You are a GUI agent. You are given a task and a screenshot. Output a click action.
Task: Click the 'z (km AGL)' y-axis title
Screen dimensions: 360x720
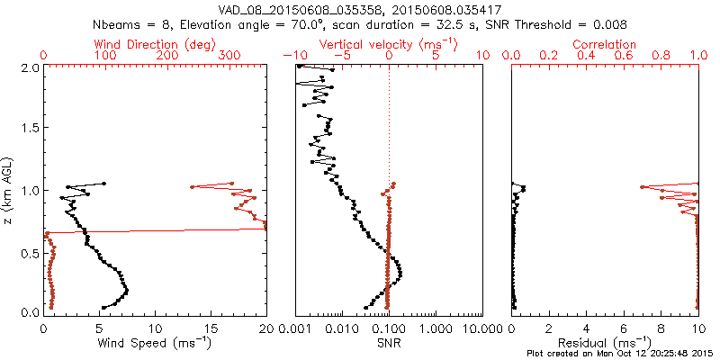pos(8,190)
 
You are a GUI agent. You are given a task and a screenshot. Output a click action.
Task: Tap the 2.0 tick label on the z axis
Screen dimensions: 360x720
pos(29,67)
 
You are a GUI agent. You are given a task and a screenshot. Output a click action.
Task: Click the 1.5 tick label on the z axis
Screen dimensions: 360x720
pos(29,129)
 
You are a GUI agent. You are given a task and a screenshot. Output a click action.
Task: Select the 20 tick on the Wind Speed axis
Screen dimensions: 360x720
pos(266,328)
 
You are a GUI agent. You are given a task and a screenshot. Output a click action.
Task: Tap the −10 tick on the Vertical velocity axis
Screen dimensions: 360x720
pos(294,56)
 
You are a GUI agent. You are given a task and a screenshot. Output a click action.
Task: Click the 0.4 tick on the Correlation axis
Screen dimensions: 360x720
pos(586,56)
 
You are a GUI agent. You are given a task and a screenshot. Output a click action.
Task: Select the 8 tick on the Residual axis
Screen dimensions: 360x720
pos(660,328)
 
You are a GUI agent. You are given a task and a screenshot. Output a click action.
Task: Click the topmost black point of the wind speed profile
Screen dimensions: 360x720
pos(103,184)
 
